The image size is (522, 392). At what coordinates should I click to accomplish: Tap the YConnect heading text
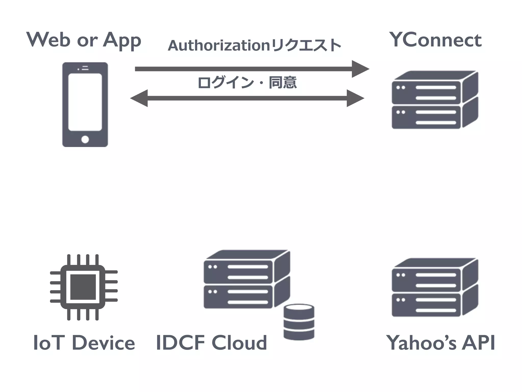pyautogui.click(x=435, y=40)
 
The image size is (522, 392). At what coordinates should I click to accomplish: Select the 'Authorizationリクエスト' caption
pyautogui.click(x=254, y=45)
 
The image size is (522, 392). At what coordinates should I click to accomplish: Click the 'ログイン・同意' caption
pyautogui.click(x=247, y=82)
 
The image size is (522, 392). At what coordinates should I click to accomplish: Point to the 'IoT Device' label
pyautogui.click(x=84, y=343)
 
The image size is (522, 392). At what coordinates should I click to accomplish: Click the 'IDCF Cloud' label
pyautogui.click(x=211, y=343)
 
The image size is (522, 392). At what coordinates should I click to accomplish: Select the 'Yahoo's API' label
pyautogui.click(x=440, y=343)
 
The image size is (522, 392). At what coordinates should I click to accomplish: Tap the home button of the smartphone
pyautogui.click(x=85, y=140)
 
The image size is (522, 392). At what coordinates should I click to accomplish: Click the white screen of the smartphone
pyautogui.click(x=85, y=102)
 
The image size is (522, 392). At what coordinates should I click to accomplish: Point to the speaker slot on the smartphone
pyautogui.click(x=85, y=68)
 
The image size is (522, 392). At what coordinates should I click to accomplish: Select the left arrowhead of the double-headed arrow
pyautogui.click(x=140, y=98)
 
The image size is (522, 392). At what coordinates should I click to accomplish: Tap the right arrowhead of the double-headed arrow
pyautogui.click(x=355, y=98)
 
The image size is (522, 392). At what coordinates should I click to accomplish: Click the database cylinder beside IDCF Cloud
pyautogui.click(x=299, y=322)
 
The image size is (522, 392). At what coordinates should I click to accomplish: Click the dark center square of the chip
pyautogui.click(x=83, y=287)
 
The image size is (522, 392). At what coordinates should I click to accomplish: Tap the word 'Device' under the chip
pyautogui.click(x=103, y=343)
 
